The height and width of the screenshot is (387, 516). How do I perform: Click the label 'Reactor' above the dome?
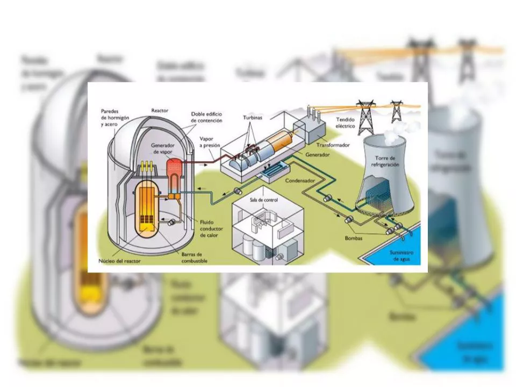point(160,111)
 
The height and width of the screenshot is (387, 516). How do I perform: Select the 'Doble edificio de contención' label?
point(206,118)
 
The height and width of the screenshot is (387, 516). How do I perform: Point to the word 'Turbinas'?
point(253,117)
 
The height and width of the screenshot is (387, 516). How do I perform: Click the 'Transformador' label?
point(333,145)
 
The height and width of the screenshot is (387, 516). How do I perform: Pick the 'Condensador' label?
point(300,181)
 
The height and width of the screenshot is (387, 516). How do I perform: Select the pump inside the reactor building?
point(171,223)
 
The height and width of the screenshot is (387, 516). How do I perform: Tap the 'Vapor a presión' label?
point(210,142)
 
